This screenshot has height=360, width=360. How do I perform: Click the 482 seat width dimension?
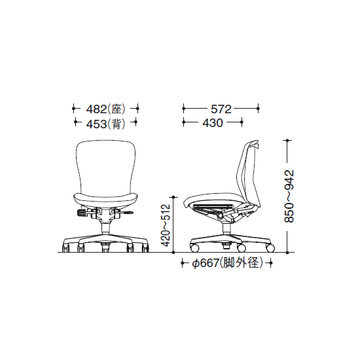coord(96,109)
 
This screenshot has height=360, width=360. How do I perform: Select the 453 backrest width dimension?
coord(96,124)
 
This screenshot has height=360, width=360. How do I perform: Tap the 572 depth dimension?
coord(221,109)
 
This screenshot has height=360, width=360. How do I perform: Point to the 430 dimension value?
coord(213,123)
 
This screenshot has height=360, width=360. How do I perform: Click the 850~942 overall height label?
coord(289,196)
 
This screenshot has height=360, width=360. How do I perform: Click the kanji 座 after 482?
coord(117,109)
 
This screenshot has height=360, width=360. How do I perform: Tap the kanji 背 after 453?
coord(117,124)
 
